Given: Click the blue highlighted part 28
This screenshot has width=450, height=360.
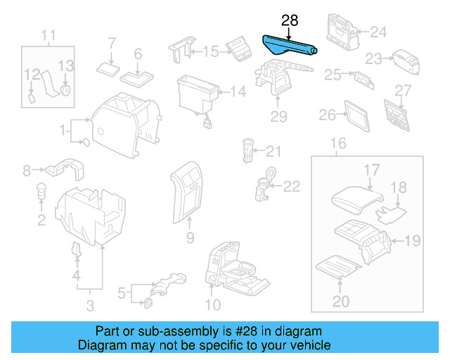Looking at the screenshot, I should (x=288, y=46).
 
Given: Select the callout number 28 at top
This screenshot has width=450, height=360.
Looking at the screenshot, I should (x=290, y=20).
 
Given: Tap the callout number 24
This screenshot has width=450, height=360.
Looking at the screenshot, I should (x=378, y=32).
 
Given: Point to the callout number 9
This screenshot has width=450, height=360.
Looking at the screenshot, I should (x=189, y=239).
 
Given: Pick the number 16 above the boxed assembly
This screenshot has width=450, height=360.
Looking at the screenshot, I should (x=337, y=144).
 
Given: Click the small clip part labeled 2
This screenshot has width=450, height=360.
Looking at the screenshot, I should (x=41, y=190).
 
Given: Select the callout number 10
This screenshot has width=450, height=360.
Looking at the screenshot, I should (x=212, y=304).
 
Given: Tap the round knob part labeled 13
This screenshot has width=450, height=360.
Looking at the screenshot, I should (x=65, y=90).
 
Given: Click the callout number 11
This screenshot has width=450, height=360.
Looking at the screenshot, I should (x=48, y=35).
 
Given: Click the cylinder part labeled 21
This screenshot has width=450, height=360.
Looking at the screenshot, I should (x=247, y=149).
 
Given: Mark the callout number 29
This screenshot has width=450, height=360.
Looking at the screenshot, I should (x=279, y=115).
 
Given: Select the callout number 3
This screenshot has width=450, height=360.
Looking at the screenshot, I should (x=90, y=304).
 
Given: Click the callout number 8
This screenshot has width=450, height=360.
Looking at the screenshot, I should (x=26, y=170).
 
